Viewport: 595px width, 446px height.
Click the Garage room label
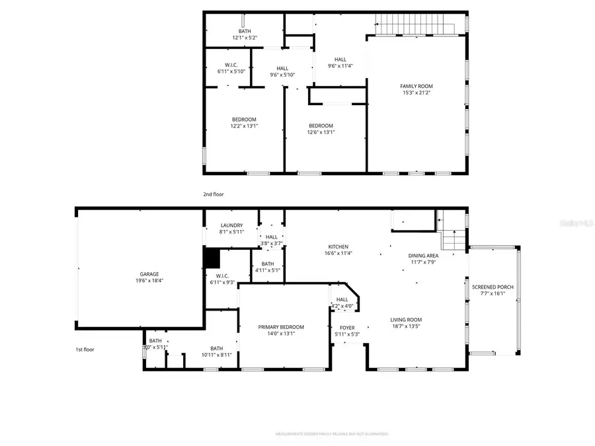click(x=149, y=274)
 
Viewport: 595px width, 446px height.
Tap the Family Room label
click(x=416, y=87)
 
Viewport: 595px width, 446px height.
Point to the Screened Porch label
click(x=492, y=287)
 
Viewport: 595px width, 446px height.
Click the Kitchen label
click(x=337, y=246)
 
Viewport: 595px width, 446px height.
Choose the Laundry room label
click(x=231, y=225)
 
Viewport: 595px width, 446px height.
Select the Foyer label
click(x=347, y=327)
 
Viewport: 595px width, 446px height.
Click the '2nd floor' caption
click(x=214, y=194)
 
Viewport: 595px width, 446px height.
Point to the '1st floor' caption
click(x=84, y=349)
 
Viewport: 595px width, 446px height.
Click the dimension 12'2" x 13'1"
click(x=243, y=126)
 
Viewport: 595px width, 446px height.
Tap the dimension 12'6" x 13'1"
click(x=321, y=131)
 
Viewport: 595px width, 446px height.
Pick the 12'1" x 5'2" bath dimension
click(x=245, y=38)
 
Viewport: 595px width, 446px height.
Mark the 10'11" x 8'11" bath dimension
click(x=217, y=355)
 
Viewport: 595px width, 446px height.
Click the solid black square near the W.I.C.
click(x=211, y=258)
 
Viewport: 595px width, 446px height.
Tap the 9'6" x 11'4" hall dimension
click(x=340, y=65)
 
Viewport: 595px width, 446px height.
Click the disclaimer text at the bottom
click(x=331, y=434)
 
